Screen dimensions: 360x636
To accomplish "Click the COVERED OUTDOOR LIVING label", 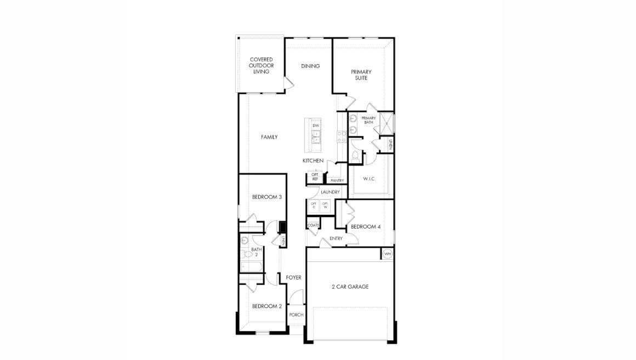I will point(261,66).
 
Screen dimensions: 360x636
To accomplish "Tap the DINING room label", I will point(310,66).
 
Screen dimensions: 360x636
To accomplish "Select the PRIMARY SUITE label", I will point(361,75).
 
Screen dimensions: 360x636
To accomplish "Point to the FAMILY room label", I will point(269,137).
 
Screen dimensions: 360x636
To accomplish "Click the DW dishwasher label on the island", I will point(316,126).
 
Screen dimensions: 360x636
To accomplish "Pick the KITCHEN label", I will point(313,161).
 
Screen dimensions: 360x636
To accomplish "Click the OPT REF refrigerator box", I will point(315,177).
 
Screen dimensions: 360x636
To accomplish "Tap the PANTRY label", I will point(337,180).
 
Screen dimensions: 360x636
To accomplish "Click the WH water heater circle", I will point(388,254).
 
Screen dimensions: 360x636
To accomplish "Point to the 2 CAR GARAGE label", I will point(350,287).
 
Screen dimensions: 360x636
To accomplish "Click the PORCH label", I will point(296,315).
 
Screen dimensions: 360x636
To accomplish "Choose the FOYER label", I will point(294,278).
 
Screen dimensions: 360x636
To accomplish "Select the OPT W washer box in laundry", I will point(325,206).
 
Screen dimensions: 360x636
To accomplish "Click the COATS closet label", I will point(313,225).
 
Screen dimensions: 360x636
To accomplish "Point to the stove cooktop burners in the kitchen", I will point(342,136).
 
